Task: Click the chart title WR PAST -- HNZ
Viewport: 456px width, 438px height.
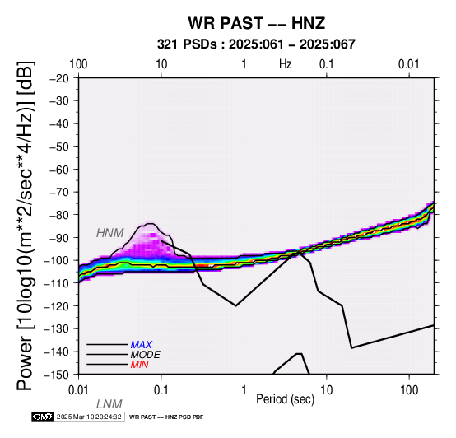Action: [256, 23]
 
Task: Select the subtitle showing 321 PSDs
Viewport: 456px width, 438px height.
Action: [256, 44]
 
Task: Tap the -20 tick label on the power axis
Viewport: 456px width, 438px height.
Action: [59, 78]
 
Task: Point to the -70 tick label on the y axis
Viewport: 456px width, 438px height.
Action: [59, 192]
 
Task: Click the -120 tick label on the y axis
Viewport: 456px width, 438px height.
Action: [56, 306]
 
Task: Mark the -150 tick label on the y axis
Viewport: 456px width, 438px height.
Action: [56, 375]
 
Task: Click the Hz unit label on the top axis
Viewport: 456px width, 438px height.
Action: [286, 64]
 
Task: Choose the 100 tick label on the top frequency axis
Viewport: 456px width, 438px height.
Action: [78, 64]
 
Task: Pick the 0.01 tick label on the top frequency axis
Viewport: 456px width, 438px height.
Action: [409, 64]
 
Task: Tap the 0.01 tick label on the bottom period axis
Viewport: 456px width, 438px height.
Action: [78, 390]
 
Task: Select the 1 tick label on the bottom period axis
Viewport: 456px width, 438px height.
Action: [244, 390]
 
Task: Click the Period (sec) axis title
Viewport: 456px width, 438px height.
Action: [286, 399]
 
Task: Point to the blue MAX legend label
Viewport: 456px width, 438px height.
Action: [141, 345]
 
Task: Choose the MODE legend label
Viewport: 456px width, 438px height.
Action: [145, 355]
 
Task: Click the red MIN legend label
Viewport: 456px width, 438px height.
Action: [139, 365]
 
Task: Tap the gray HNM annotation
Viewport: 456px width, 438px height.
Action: [110, 233]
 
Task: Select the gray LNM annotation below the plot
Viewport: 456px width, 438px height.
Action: [109, 404]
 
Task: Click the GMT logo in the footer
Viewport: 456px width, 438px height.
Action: [43, 417]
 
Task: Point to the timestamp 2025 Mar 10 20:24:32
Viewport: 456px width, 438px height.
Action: [89, 417]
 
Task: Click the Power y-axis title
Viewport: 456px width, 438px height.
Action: [26, 226]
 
